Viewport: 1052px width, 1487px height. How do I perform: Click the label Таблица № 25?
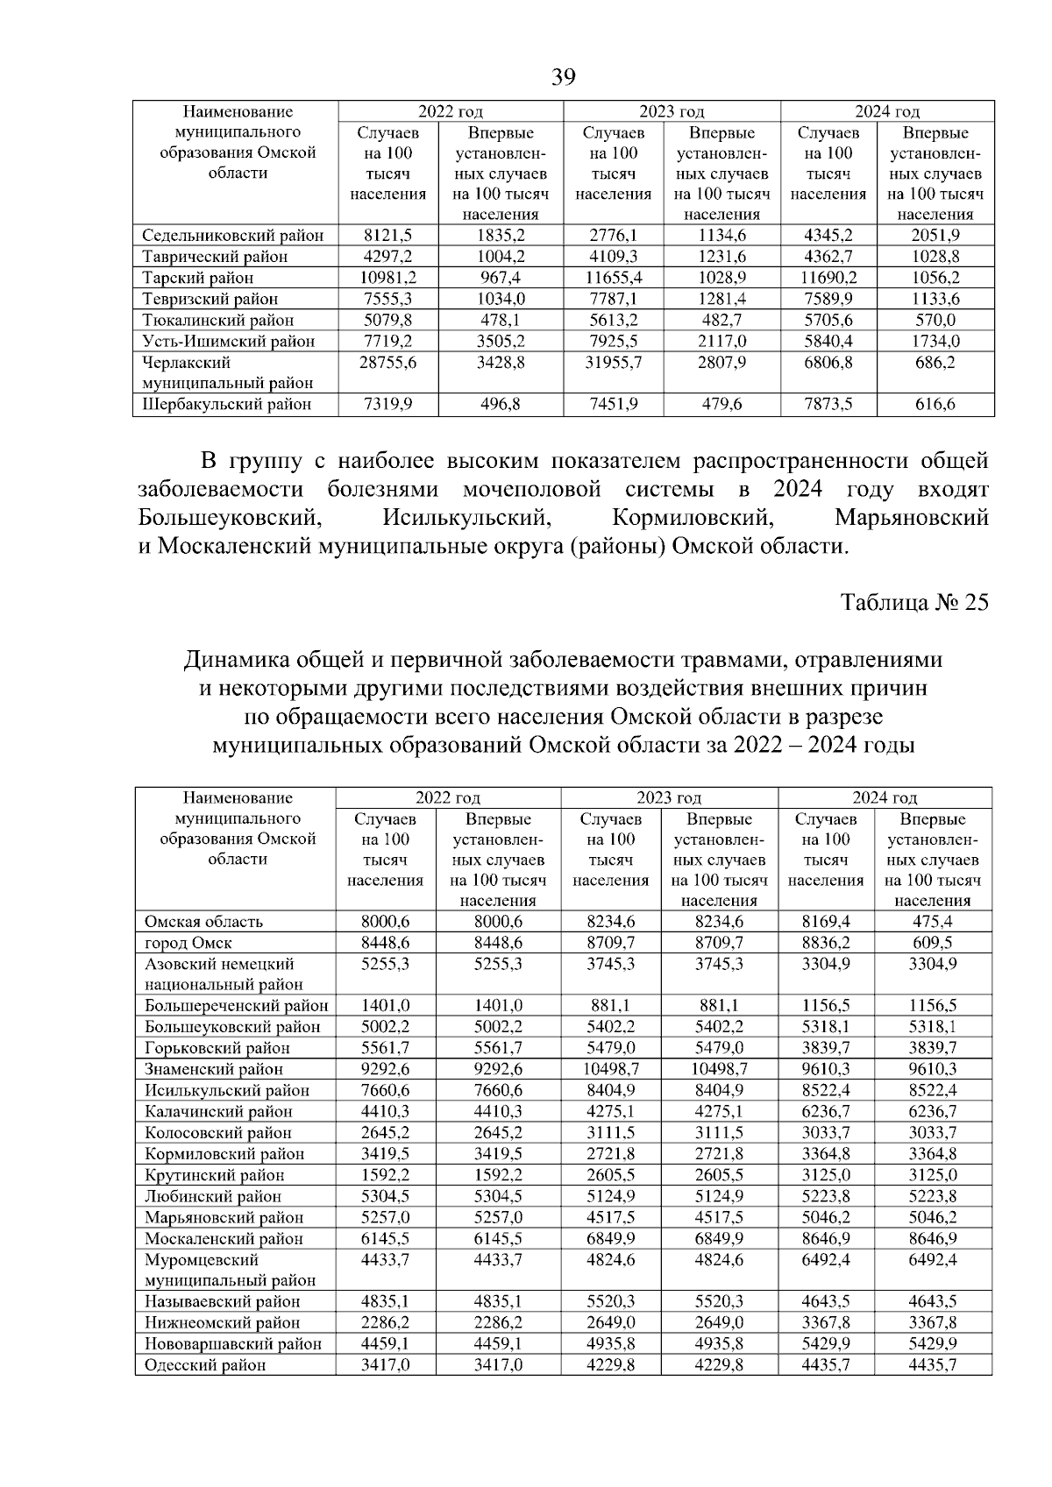[914, 603]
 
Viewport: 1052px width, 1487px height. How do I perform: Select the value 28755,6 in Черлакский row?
[387, 363]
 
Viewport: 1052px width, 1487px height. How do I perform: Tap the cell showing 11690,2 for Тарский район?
[828, 278]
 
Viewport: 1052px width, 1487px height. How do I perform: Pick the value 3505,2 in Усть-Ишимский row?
[500, 341]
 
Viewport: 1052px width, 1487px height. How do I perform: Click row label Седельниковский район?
[233, 236]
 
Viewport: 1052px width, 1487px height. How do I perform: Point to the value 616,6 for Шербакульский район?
[935, 404]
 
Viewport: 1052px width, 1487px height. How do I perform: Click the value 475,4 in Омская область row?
[933, 922]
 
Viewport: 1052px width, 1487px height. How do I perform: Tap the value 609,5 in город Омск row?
[933, 943]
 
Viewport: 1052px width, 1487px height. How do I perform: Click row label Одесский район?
[205, 1365]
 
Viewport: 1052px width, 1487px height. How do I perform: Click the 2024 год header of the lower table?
[885, 797]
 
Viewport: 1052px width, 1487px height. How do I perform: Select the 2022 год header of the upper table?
[451, 111]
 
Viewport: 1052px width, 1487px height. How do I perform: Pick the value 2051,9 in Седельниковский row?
[935, 236]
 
